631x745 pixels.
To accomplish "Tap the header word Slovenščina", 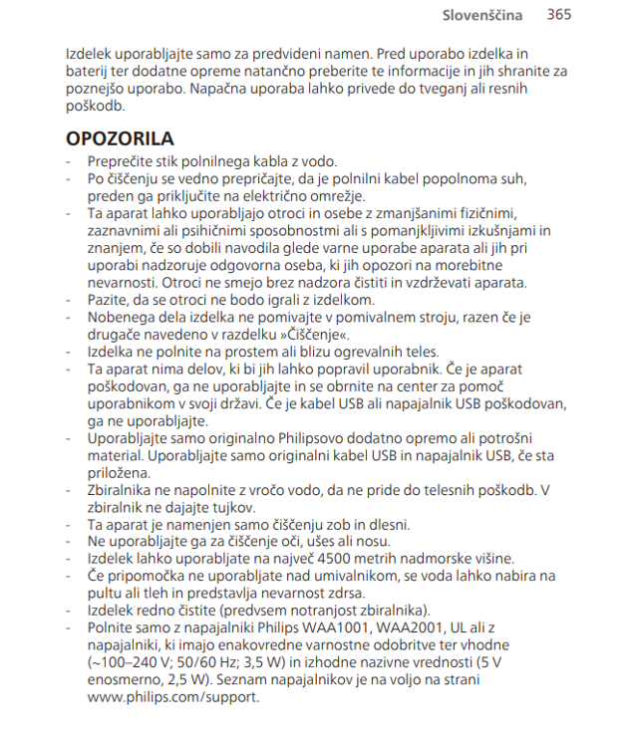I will point(482,15).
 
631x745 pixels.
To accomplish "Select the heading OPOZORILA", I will point(120,138).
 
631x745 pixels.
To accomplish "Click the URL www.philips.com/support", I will point(172,697).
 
